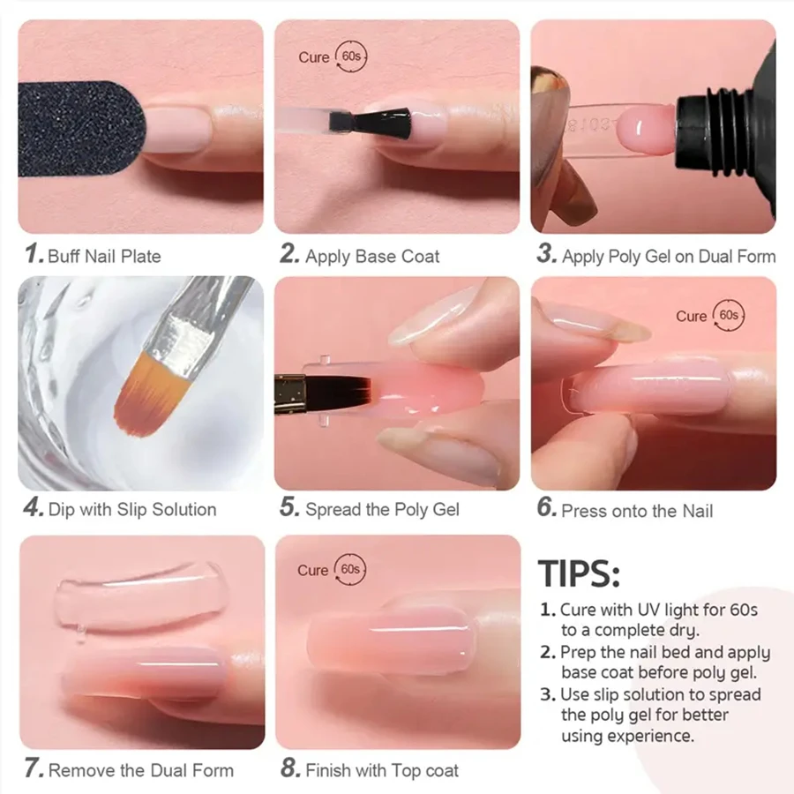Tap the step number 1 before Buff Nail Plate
click(34, 256)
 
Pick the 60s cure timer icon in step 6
click(729, 315)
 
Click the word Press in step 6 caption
click(583, 511)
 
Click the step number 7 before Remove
click(34, 769)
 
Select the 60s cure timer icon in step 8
click(350, 570)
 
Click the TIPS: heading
click(579, 573)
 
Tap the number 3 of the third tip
click(546, 694)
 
